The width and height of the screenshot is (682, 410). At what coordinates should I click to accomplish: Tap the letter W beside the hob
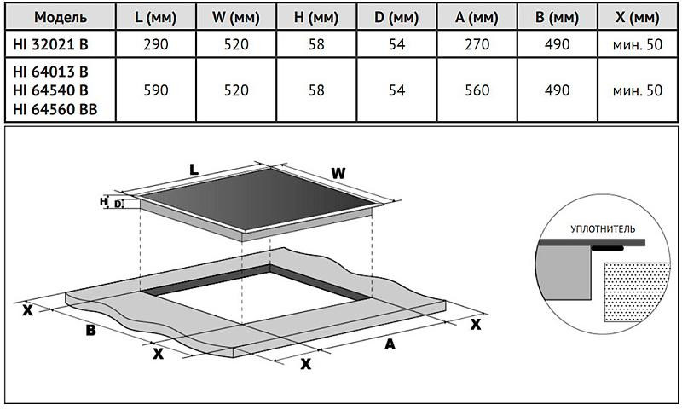coord(338,174)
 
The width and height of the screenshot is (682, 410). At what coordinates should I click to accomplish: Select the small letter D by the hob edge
coord(118,205)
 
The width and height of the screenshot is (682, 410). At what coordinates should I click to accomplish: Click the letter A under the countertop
coord(390,344)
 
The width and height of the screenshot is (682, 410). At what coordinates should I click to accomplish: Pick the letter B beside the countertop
coord(90,331)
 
